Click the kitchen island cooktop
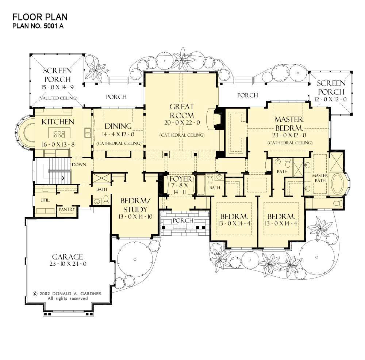[x=59, y=134]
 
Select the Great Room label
[x=181, y=111]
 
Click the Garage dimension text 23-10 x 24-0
[x=68, y=264]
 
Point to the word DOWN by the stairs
[x=79, y=164]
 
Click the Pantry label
[x=67, y=209]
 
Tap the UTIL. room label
[x=45, y=200]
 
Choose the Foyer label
[x=181, y=179]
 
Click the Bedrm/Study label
[x=135, y=205]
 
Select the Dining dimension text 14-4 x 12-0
[x=118, y=134]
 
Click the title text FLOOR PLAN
[x=40, y=17]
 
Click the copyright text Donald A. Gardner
[x=77, y=293]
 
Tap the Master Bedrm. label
[x=289, y=124]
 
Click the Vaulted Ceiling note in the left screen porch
[x=58, y=98]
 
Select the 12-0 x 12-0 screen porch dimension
[x=331, y=99]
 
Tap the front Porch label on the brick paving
[x=183, y=220]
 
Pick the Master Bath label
[x=320, y=178]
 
